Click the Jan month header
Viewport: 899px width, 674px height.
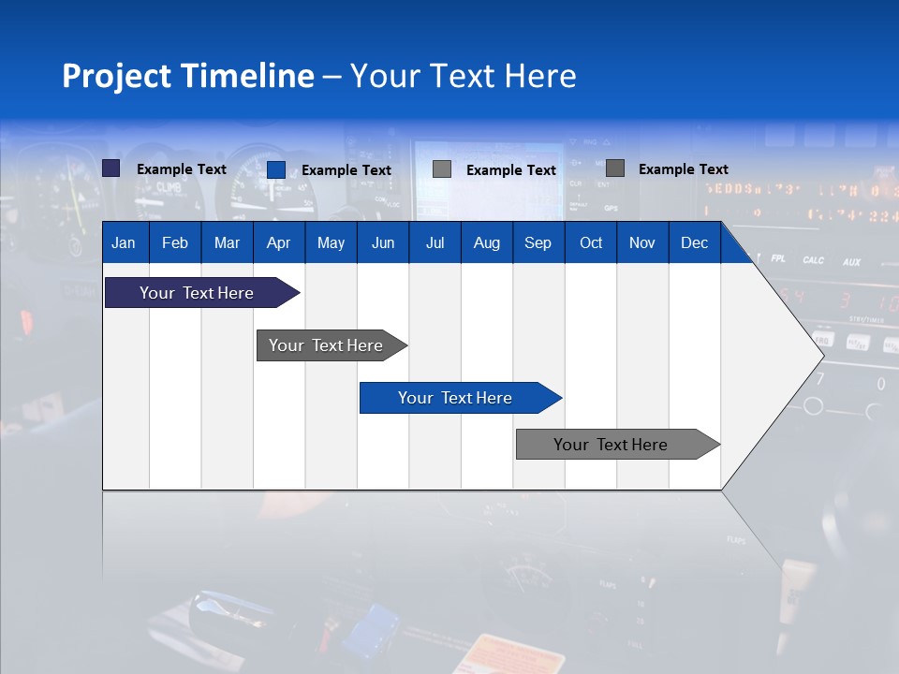(x=124, y=242)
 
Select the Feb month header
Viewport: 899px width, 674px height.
(x=175, y=242)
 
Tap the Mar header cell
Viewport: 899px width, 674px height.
(x=227, y=242)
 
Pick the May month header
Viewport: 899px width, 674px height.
(x=331, y=242)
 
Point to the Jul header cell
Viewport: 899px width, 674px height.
(x=435, y=242)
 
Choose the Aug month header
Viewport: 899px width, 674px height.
(x=486, y=242)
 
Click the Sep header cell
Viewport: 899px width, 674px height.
(x=538, y=242)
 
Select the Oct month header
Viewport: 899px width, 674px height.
(x=591, y=242)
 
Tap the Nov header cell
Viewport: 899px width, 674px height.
(x=642, y=242)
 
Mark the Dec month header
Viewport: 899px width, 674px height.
(x=694, y=242)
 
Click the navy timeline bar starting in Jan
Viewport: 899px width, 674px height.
(x=197, y=293)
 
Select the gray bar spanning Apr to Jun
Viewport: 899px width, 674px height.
(x=326, y=345)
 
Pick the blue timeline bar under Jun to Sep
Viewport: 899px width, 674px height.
(x=455, y=398)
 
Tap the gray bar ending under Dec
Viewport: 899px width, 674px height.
(x=611, y=445)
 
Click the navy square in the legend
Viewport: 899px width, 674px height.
(x=111, y=168)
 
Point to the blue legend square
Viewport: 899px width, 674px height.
(x=276, y=169)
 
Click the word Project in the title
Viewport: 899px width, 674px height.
(x=117, y=76)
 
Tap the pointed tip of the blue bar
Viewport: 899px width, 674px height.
(x=558, y=398)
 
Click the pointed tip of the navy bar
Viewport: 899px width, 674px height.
(x=296, y=293)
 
